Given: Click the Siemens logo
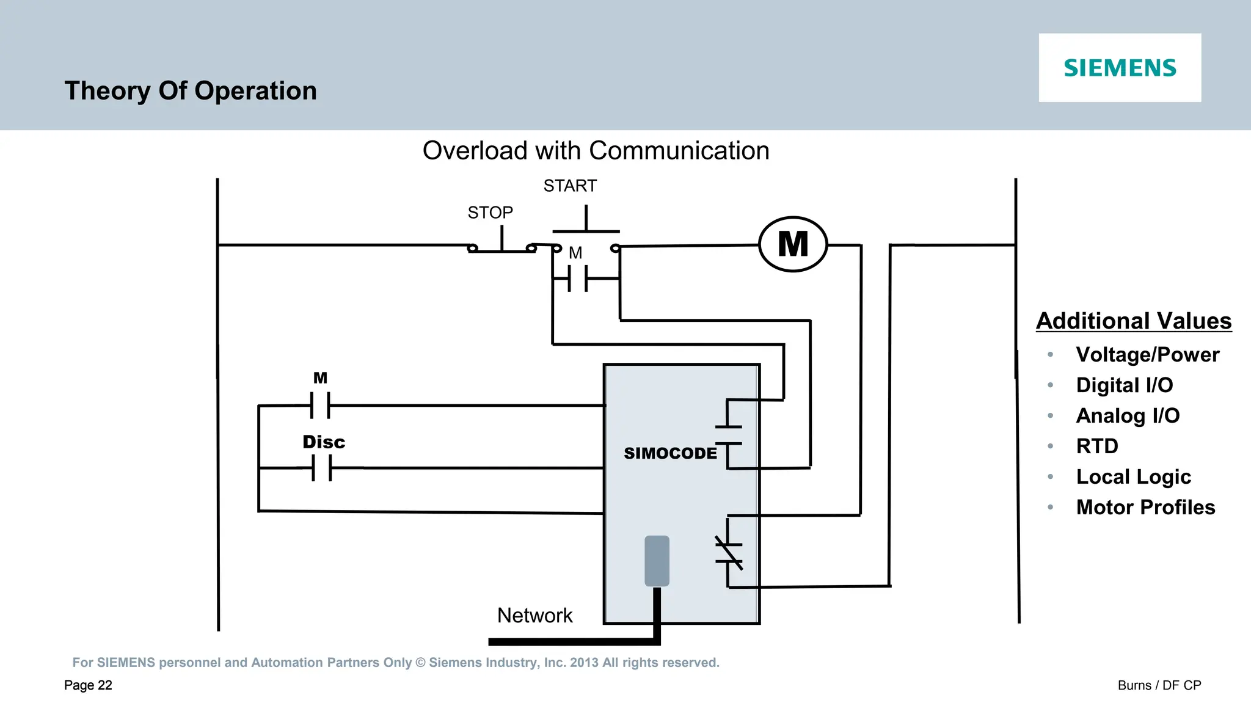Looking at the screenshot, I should [1119, 68].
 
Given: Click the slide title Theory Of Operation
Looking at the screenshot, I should [191, 91].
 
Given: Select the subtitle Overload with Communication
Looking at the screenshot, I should [596, 151].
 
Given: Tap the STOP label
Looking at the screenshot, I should [490, 213].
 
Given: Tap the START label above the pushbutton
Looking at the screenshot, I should [570, 186].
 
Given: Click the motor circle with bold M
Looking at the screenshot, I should [793, 244].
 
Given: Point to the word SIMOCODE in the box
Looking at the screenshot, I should [670, 453].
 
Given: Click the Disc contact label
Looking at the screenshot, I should [324, 442].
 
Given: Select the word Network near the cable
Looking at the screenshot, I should [534, 615].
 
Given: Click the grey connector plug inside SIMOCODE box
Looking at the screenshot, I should [657, 561].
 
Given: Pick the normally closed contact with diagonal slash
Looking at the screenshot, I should [729, 552].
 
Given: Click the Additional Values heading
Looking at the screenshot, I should [1134, 321].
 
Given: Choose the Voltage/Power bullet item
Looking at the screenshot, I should [1147, 355].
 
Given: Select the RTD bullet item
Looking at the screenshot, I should [1097, 446].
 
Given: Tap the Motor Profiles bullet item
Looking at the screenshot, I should [1145, 508].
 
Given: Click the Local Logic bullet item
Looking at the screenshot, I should [1133, 477].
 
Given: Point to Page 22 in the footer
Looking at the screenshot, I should [88, 685].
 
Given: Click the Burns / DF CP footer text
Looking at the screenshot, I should [1159, 685].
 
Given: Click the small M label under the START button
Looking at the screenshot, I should [575, 253].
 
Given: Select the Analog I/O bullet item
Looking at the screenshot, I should [1128, 416].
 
